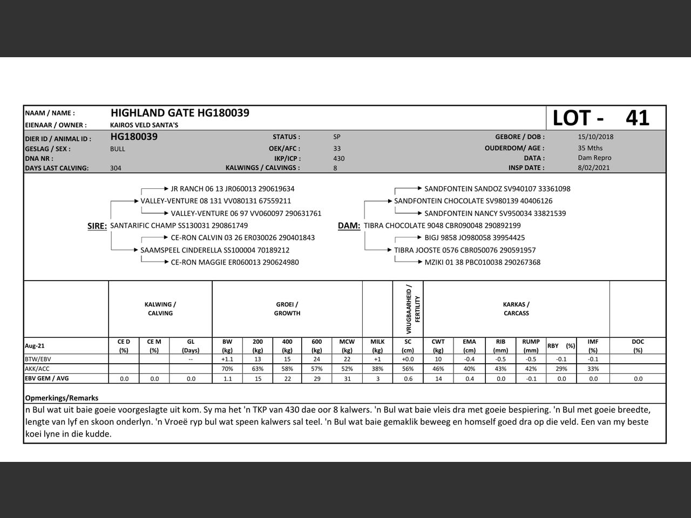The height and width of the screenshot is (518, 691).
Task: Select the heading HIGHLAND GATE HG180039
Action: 180,113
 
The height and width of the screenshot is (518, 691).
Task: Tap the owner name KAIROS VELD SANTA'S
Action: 144,125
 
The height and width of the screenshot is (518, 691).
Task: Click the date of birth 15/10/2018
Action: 595,137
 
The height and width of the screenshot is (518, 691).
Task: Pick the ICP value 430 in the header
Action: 339,159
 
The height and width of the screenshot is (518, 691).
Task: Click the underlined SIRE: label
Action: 97,226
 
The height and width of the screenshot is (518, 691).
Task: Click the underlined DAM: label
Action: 349,226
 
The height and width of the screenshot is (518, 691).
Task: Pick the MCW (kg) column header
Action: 347,346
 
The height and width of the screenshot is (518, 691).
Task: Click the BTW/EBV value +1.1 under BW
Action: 227,359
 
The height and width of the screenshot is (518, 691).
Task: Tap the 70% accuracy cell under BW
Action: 227,369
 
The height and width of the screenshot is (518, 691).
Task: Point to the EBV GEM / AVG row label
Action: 47,379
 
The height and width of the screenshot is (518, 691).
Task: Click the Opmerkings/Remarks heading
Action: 62,398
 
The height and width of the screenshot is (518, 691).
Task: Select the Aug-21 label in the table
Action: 35,346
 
